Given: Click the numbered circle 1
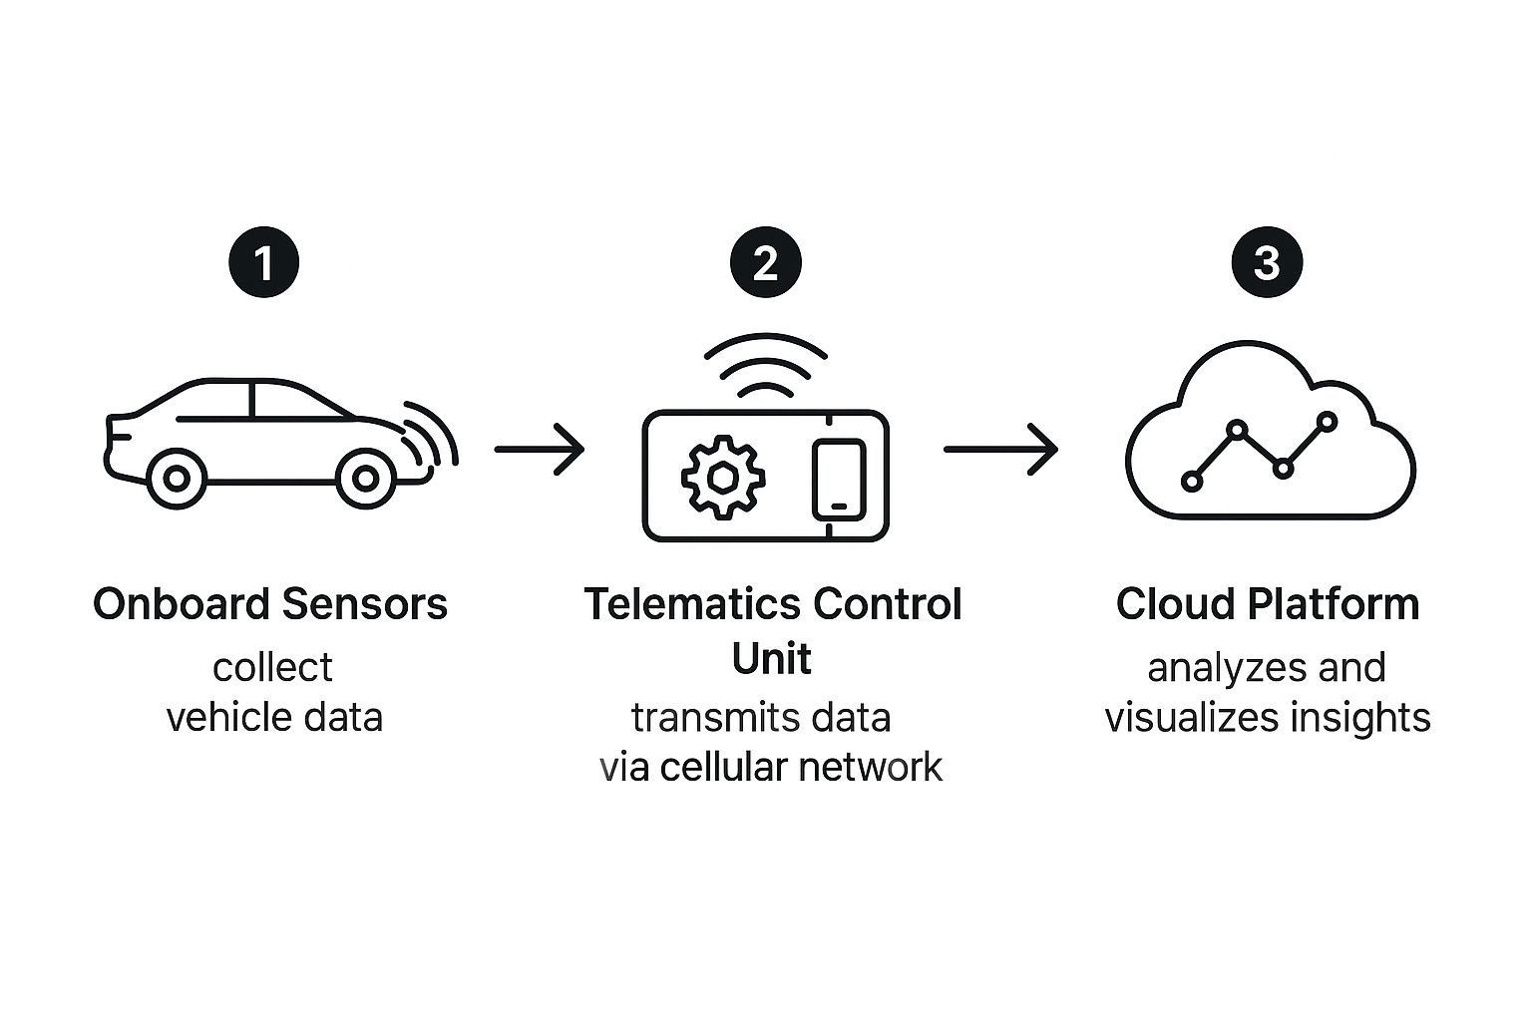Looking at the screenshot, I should coord(264,263).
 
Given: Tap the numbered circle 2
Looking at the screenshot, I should coord(766,263).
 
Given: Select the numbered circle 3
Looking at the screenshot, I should coord(1267,263).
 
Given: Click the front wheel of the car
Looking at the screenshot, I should coord(366,480).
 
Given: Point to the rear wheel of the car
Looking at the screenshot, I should coord(177,480).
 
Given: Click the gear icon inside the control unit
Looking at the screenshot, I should coord(722,477).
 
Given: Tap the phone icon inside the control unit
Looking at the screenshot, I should coord(838,479).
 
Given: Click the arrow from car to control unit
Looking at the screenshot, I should coord(540,450).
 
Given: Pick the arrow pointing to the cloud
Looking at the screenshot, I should coord(1000,450).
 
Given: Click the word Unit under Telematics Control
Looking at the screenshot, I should coord(771,658).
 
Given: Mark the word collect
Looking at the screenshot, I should coord(272,667).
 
